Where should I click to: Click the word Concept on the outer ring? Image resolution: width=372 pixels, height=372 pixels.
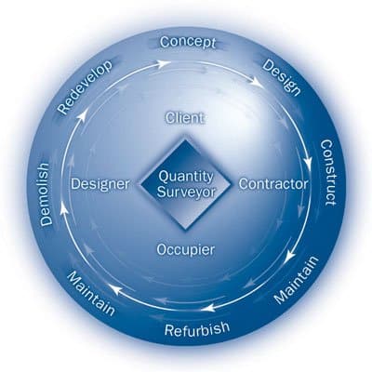coord(188,42)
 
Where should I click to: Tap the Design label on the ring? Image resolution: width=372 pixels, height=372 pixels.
coord(282,77)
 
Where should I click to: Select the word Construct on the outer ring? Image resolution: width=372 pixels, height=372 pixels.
coord(328,173)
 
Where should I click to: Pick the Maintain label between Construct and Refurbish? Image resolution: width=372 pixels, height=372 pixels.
coord(297,280)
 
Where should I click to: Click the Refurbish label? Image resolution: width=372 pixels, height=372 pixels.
coord(197,329)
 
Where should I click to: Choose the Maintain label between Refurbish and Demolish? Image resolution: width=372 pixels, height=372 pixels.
coord(91,293)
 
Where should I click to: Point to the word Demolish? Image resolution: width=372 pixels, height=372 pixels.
coord(46,194)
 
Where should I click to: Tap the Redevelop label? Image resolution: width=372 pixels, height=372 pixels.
coord(85,87)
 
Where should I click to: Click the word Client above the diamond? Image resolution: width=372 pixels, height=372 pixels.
coord(185,118)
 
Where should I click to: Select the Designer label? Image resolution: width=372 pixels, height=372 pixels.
coord(100,184)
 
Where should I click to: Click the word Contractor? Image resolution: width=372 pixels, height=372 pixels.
coord(273,184)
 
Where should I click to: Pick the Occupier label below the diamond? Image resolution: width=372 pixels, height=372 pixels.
coord(185,250)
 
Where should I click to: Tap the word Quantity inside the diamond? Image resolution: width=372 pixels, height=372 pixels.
coord(186,177)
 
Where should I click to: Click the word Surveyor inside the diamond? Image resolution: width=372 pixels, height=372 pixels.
coord(186,192)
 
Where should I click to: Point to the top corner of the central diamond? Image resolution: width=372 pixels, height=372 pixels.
coord(185,139)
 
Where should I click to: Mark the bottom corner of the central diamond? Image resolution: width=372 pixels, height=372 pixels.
coord(185,230)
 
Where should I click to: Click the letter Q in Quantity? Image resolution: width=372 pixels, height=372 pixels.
coord(164,177)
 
